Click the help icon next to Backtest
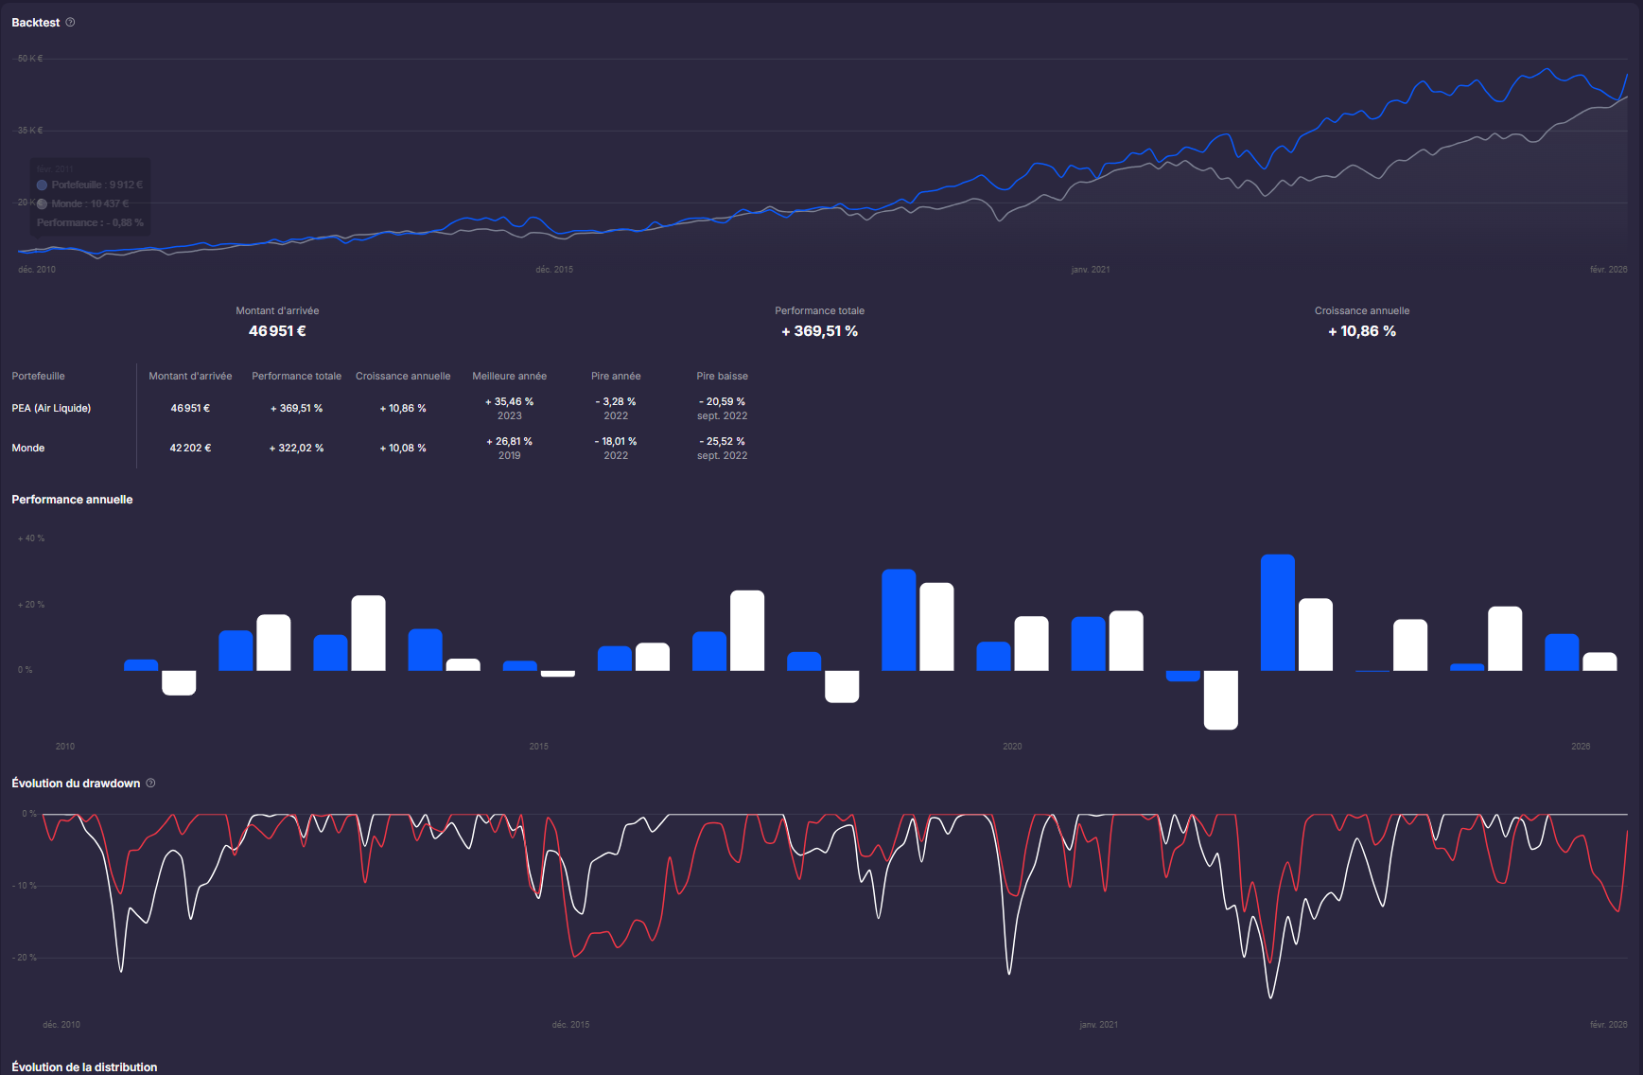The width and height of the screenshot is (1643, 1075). (70, 22)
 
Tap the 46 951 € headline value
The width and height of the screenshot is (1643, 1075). (277, 331)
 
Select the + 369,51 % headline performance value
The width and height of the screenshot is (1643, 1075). (819, 331)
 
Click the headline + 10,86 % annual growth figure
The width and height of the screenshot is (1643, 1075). (1361, 331)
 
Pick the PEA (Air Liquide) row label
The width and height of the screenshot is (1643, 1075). (51, 409)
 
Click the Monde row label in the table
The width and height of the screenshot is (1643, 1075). (28, 449)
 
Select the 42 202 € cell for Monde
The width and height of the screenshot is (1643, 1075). (190, 449)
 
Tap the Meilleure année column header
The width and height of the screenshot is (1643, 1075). (509, 377)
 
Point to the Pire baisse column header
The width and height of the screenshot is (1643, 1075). (722, 377)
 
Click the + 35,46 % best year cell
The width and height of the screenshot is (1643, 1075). (509, 402)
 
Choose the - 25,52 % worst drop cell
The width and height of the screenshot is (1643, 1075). (722, 442)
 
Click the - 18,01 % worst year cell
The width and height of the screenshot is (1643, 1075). (616, 442)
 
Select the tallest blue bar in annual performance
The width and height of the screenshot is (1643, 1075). (1277, 612)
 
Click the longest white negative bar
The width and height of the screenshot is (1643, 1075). (1220, 699)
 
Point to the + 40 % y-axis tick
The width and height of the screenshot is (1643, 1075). (31, 538)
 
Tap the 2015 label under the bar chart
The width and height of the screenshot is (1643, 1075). (538, 747)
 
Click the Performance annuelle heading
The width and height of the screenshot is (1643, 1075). (72, 500)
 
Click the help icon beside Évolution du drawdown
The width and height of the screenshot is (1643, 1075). (150, 783)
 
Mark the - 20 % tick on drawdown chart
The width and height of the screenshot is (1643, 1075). (26, 958)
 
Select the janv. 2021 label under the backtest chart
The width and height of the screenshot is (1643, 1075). (1090, 270)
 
